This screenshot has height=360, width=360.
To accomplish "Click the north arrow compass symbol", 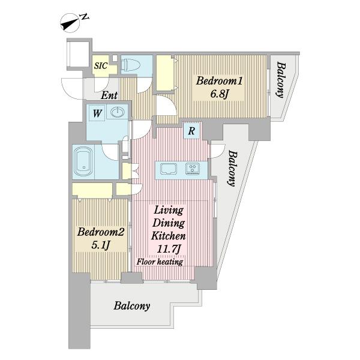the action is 70,23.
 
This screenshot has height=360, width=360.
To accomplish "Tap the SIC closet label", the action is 101,65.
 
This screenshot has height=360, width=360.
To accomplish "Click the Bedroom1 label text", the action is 219,81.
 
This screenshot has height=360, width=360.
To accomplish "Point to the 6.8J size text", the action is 219,94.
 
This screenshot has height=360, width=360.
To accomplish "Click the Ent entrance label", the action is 109,95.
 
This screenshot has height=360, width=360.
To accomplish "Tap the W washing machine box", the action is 97,113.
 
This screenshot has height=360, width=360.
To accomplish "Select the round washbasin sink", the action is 118,112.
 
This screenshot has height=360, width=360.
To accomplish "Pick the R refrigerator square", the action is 191,131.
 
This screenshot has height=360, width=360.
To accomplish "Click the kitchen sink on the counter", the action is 169,169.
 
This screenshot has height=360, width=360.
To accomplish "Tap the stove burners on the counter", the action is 193,169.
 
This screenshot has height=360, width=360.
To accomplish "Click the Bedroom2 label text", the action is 101,232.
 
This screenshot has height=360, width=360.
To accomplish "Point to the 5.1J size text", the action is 100,245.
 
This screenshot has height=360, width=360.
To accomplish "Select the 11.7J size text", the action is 169,249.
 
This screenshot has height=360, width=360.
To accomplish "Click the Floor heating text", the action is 160,262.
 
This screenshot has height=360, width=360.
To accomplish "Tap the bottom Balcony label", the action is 132,306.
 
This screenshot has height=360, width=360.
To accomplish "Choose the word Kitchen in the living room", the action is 169,236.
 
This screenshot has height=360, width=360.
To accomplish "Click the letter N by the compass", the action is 84,17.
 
